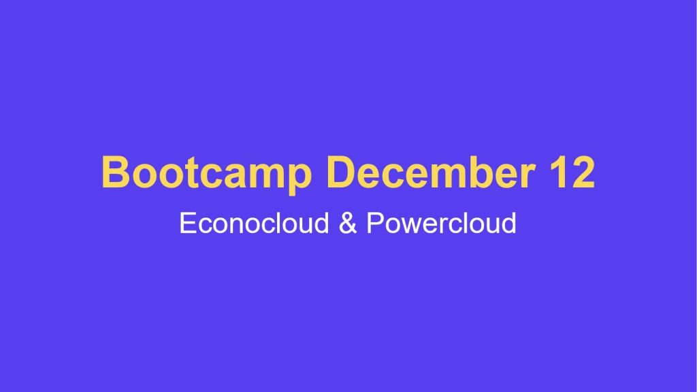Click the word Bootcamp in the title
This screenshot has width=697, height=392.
pyautogui.click(x=206, y=172)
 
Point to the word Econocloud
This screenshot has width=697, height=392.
pyautogui.click(x=254, y=223)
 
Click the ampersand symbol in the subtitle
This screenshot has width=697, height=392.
pyautogui.click(x=347, y=223)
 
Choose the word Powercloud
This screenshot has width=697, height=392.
pyautogui.click(x=441, y=223)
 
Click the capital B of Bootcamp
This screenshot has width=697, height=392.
pyautogui.click(x=115, y=172)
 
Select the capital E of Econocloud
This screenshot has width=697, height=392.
pyautogui.click(x=187, y=223)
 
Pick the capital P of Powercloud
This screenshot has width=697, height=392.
pyautogui.click(x=374, y=223)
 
